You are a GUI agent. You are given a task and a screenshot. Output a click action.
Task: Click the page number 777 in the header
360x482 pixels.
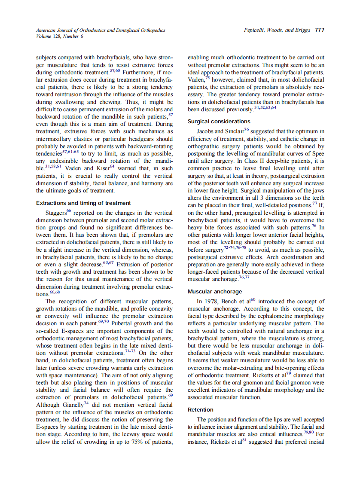[x=319, y=31]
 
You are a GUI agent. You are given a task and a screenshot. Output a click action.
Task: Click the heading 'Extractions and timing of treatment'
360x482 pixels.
[x=83, y=203]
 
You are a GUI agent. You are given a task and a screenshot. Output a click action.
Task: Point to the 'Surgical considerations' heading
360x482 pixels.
[x=219, y=122]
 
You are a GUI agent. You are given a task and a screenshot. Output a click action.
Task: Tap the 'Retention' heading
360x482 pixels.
[x=201, y=409]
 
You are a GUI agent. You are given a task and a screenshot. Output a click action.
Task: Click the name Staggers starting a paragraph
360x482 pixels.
[x=56, y=213]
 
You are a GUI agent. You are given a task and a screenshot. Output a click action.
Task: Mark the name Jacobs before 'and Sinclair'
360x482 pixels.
[x=205, y=131]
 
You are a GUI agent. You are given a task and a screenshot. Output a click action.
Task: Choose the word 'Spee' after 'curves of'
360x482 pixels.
[x=317, y=153]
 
